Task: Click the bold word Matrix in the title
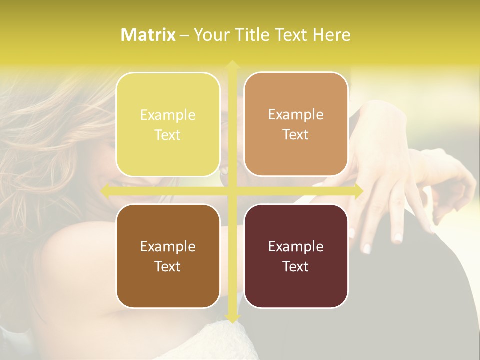pyautogui.click(x=148, y=35)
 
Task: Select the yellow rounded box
pyautogui.click(x=168, y=124)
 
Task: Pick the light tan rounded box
pyautogui.click(x=296, y=124)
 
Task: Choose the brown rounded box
pyautogui.click(x=168, y=256)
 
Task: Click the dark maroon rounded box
pyautogui.click(x=296, y=256)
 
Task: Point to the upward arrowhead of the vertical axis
pyautogui.click(x=232, y=64)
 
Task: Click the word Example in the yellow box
pyautogui.click(x=168, y=115)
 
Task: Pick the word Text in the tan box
pyautogui.click(x=296, y=135)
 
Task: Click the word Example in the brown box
pyautogui.click(x=168, y=247)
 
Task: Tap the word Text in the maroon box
pyautogui.click(x=296, y=266)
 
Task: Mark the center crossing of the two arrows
pyautogui.click(x=232, y=190)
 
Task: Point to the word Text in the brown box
pyautogui.click(x=168, y=266)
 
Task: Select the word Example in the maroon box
pyautogui.click(x=296, y=247)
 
